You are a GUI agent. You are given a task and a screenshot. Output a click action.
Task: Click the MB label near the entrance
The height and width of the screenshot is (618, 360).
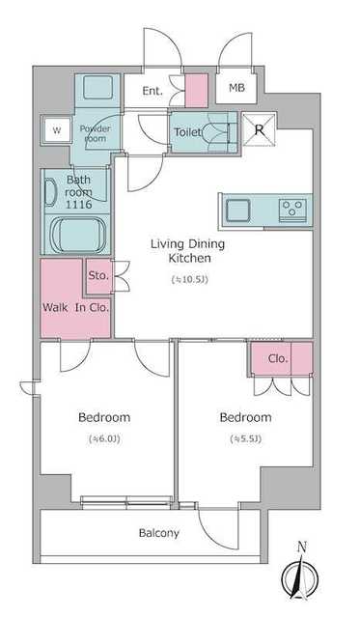click(236, 88)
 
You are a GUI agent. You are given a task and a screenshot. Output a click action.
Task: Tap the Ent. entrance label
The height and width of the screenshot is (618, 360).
click(152, 91)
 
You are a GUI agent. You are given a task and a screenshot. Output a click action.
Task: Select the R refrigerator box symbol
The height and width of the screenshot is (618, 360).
click(260, 129)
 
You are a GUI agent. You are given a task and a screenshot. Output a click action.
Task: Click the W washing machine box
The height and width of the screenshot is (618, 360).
click(57, 129)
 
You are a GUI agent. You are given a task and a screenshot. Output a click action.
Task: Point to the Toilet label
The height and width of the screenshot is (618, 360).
click(188, 132)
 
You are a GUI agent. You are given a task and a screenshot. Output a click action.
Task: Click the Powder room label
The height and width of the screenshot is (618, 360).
click(95, 133)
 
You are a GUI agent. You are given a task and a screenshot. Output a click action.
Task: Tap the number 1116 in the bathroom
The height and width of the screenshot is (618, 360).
click(79, 204)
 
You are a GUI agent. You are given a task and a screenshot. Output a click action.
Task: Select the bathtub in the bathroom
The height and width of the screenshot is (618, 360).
click(78, 235)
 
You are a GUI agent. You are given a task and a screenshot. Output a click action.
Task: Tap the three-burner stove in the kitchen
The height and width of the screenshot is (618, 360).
click(292, 210)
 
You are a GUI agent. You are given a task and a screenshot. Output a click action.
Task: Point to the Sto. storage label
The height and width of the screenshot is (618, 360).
click(98, 275)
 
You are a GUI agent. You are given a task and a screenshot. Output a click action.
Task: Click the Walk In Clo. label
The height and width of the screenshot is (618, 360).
click(75, 307)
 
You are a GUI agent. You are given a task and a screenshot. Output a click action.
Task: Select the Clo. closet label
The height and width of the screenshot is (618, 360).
click(278, 358)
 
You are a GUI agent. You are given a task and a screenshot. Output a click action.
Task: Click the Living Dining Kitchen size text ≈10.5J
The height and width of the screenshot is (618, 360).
click(189, 279)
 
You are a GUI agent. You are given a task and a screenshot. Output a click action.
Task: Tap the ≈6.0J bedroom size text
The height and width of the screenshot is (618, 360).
click(104, 438)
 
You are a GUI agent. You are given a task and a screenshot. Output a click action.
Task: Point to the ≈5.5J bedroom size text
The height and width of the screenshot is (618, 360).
click(246, 438)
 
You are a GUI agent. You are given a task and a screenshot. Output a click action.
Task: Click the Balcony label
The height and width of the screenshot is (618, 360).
click(159, 533)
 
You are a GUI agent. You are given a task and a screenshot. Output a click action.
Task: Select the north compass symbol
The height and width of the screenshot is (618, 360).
click(299, 578)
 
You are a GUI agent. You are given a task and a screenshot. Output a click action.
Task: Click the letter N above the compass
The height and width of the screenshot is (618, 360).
click(302, 547)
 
